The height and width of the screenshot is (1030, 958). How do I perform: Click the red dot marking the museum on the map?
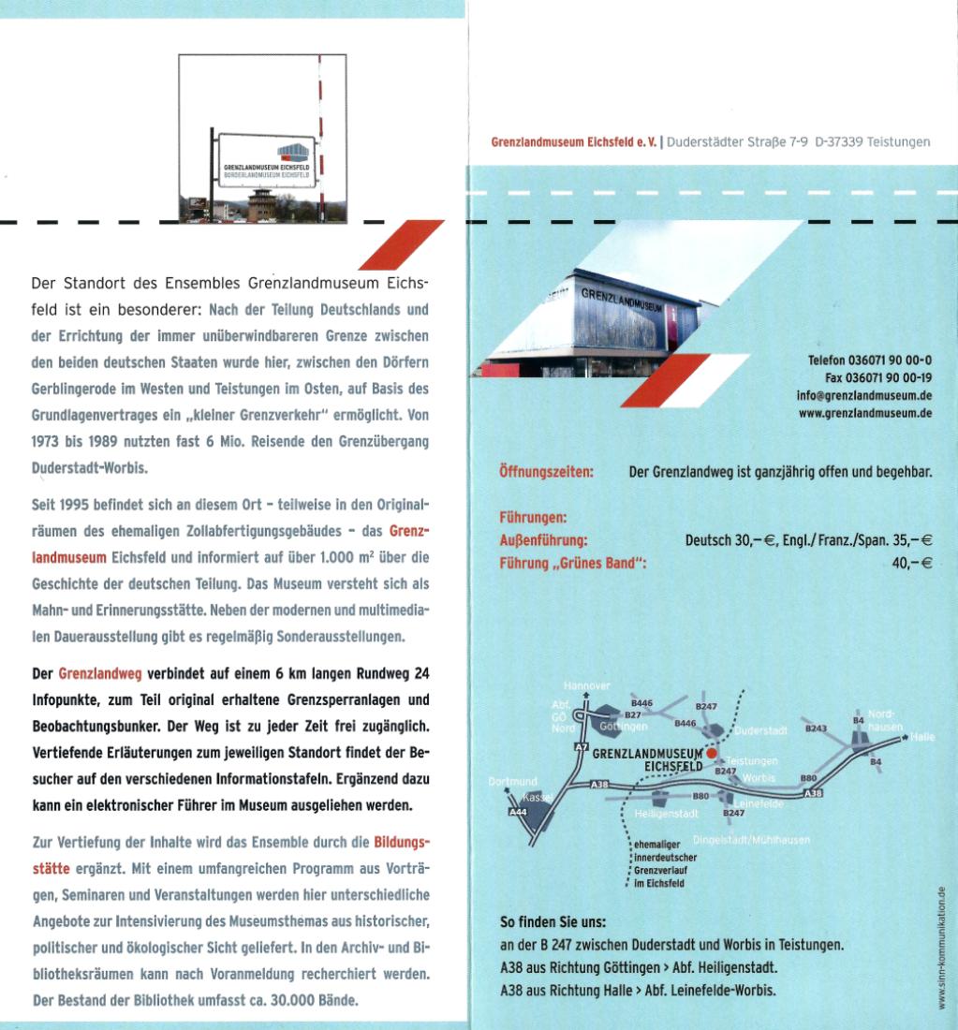click(711, 753)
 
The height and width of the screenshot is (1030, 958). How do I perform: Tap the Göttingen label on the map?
click(624, 727)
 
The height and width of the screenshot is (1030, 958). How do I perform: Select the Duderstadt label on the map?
click(761, 730)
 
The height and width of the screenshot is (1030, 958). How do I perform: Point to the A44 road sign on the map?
click(518, 812)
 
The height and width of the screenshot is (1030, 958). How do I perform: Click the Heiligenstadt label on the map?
click(666, 814)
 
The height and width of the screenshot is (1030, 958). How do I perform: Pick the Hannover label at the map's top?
click(587, 685)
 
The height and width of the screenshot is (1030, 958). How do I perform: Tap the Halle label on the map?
click(921, 737)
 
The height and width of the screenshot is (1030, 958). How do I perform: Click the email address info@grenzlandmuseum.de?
click(864, 395)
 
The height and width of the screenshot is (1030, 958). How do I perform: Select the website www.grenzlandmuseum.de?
click(865, 413)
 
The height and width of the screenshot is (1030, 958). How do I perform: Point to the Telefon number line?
click(870, 360)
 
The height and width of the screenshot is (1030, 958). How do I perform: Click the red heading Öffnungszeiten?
click(546, 472)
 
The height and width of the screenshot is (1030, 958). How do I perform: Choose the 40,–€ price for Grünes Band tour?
click(912, 563)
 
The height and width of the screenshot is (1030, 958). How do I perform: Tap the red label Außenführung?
click(543, 540)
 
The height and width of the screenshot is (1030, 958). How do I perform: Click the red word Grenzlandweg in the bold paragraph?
click(100, 674)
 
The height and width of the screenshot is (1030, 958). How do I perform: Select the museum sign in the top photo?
click(266, 161)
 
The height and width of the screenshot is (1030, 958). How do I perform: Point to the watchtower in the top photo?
click(261, 205)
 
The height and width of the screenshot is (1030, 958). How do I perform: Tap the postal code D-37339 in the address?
click(838, 142)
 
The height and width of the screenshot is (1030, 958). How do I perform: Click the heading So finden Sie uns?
click(553, 922)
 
